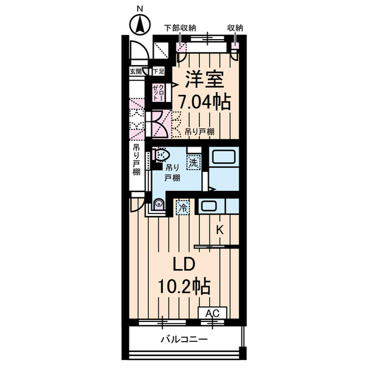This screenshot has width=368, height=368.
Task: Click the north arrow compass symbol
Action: coord(139,25)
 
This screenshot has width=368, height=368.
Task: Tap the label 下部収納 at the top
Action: coord(181,27)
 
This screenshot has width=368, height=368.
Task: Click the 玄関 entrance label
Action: coord(135,71)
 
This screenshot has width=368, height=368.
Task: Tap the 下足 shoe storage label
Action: coord(158,71)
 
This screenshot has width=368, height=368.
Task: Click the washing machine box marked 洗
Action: coord(194,163)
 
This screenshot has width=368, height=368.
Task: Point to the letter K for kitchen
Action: coord(220,230)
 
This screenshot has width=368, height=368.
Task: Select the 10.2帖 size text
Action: coord(185,286)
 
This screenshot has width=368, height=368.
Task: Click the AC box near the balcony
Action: coord(212,313)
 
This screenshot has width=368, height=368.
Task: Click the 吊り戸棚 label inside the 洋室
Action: coord(200,132)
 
